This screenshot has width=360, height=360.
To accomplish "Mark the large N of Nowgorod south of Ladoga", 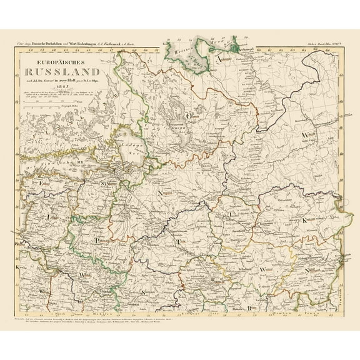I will pyautogui.click(x=149, y=194).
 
